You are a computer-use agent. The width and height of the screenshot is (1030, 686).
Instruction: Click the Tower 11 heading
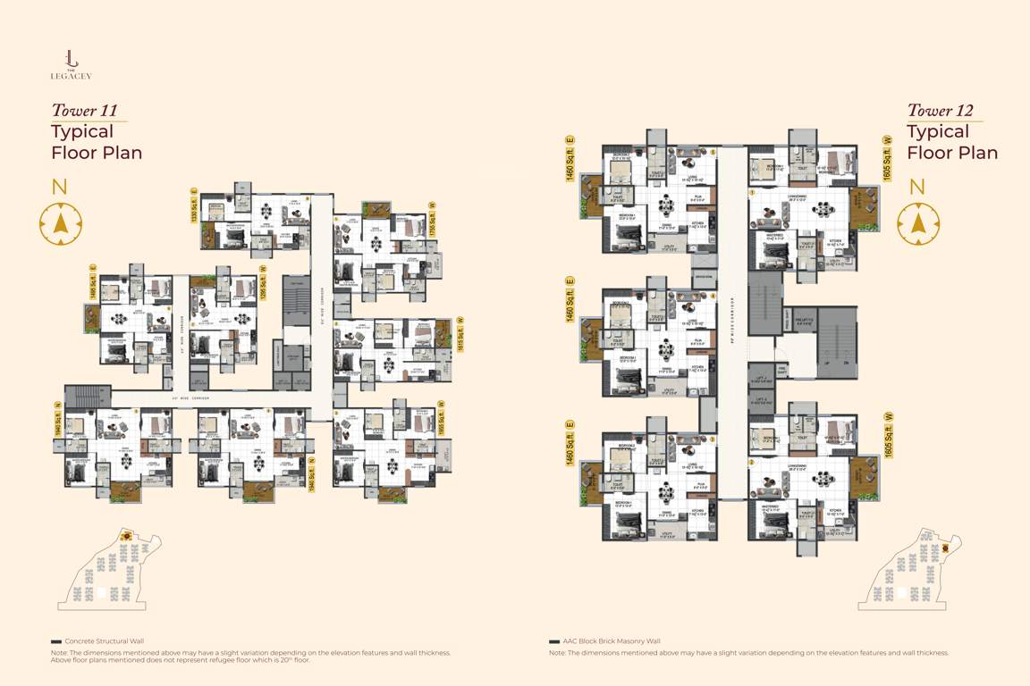89,111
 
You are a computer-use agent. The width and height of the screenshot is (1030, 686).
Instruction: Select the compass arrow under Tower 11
60,223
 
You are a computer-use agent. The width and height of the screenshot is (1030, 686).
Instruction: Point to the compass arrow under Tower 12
917,223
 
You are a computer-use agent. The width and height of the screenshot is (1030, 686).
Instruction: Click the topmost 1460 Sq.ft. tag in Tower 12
570,159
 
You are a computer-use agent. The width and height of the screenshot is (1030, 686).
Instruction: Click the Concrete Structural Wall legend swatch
56,641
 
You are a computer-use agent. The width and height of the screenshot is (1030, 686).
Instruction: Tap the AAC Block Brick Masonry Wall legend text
612,641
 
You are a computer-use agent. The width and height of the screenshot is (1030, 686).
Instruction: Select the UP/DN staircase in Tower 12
832,339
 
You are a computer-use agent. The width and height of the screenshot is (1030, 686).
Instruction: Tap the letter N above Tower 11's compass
60,187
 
